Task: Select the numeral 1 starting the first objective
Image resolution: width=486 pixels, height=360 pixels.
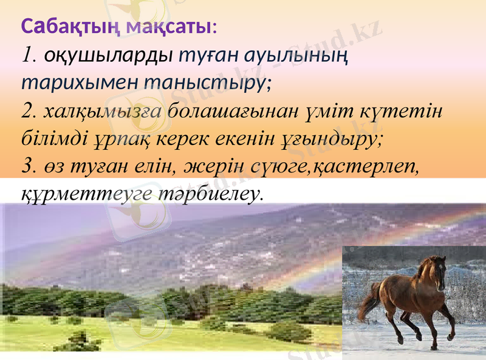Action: (x=27, y=56)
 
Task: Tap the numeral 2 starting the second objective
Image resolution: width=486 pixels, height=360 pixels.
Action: (x=27, y=112)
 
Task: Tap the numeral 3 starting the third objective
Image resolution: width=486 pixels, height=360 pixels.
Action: (x=27, y=166)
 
